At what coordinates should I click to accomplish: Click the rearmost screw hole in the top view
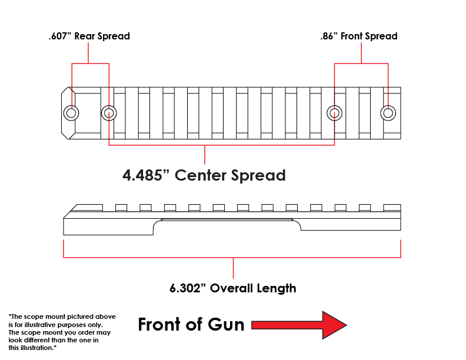click(x=71, y=113)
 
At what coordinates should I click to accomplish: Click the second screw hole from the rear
click(x=109, y=113)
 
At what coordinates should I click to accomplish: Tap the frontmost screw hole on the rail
click(x=388, y=113)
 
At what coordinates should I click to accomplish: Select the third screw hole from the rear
click(x=334, y=113)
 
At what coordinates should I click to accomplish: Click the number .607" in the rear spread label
click(x=60, y=36)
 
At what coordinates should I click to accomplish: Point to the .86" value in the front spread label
click(x=329, y=36)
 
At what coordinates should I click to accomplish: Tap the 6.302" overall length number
click(x=188, y=288)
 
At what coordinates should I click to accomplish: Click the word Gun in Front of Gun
click(x=226, y=324)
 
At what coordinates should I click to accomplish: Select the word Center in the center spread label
click(x=201, y=175)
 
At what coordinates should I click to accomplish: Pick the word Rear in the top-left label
click(x=85, y=36)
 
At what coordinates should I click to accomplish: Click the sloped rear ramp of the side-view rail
click(x=70, y=211)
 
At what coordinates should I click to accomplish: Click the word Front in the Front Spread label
click(x=352, y=36)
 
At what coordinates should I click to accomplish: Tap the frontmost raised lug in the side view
click(x=392, y=208)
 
